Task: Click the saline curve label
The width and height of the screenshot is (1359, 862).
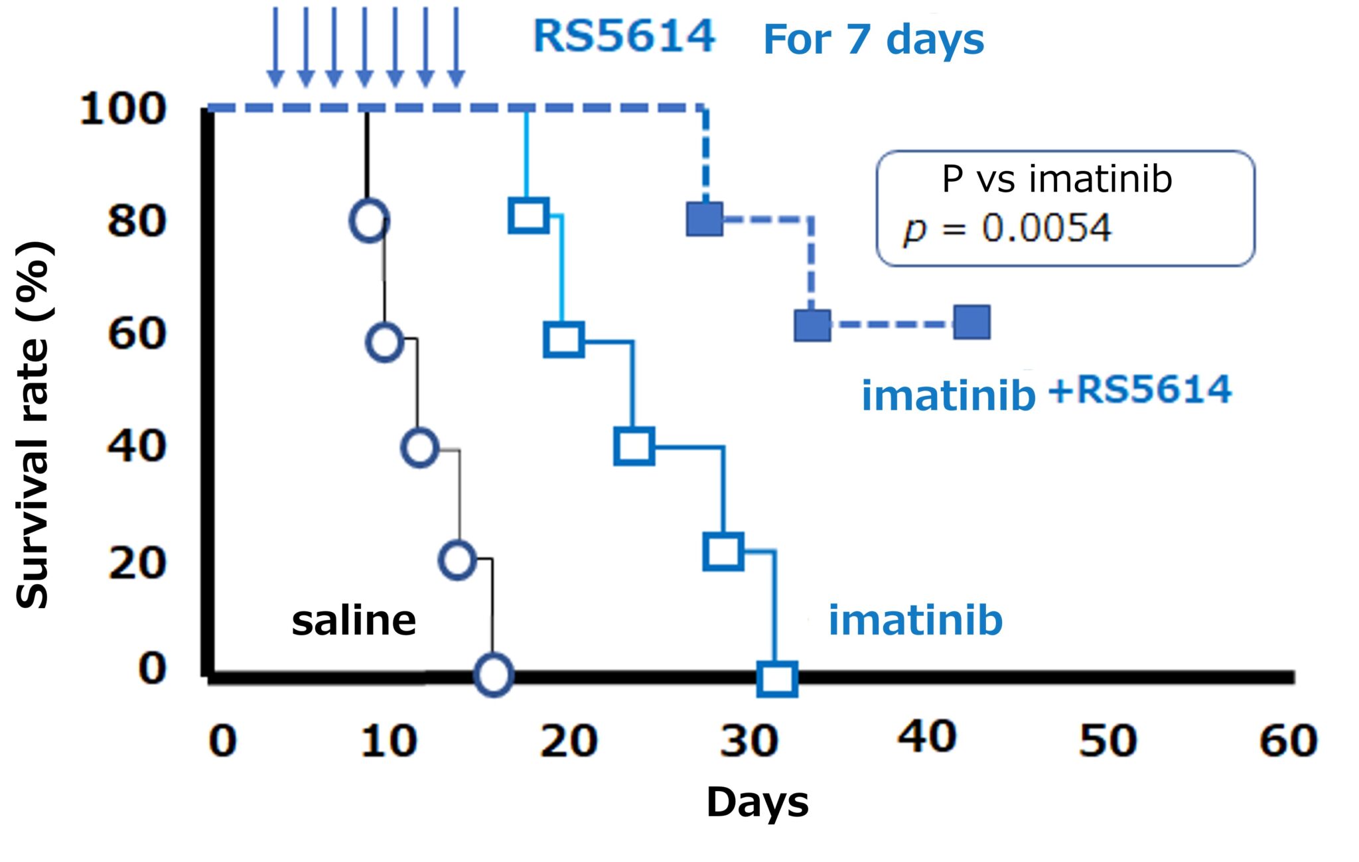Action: (x=354, y=621)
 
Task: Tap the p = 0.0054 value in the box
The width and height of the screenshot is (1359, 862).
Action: (x=1006, y=229)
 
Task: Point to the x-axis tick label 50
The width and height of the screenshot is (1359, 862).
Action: (x=1108, y=741)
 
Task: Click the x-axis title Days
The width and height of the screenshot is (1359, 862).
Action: (x=757, y=803)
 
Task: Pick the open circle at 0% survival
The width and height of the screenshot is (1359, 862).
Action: (x=494, y=674)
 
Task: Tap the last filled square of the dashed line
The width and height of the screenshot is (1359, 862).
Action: (x=972, y=322)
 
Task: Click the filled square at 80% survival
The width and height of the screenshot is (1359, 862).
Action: (x=705, y=219)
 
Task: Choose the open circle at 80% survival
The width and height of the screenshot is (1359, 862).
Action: (x=369, y=220)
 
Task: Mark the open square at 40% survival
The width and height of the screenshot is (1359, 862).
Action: (x=634, y=446)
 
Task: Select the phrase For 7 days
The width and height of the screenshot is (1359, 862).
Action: (x=873, y=40)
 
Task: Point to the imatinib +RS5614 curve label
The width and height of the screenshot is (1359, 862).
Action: (x=1046, y=393)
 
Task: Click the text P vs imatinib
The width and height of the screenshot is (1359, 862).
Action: (x=1056, y=180)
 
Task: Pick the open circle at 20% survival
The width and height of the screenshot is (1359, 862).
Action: (x=457, y=560)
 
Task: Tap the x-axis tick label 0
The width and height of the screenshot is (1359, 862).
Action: (x=222, y=741)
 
